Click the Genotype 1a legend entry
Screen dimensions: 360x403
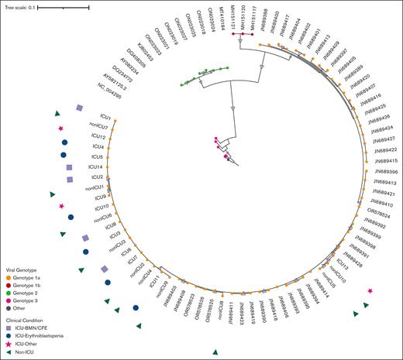[x=29, y=277]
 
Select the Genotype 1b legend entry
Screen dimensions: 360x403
[x=29, y=285]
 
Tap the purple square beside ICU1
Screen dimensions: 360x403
[x=79, y=109]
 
